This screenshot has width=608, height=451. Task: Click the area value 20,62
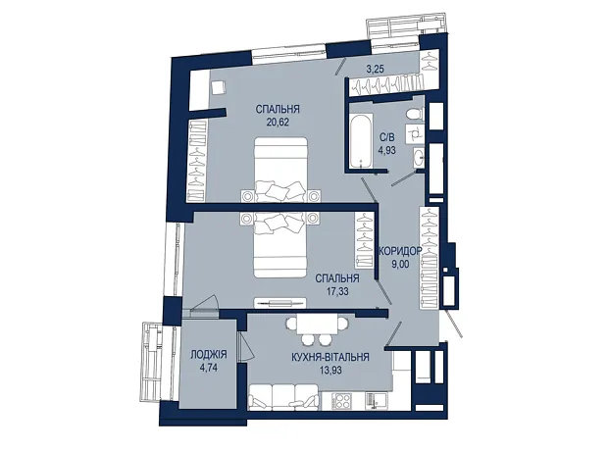(278, 123)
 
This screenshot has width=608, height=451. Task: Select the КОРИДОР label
(400, 251)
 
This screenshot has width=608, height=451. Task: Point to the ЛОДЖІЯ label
(209, 355)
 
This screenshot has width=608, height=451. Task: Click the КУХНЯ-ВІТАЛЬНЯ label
(330, 357)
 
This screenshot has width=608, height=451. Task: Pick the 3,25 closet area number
(375, 70)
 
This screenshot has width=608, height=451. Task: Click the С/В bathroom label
(387, 137)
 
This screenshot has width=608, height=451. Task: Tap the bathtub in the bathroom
(360, 141)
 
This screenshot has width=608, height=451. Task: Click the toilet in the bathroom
(414, 115)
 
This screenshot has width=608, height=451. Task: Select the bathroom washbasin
(419, 158)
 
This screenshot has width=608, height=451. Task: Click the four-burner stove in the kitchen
(342, 401)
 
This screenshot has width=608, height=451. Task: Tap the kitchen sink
(375, 401)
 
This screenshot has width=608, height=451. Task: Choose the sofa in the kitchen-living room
(284, 397)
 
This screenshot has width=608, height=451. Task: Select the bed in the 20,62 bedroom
(280, 169)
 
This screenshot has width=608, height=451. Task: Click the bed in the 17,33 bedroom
(280, 245)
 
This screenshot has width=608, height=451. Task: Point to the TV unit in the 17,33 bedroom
(279, 303)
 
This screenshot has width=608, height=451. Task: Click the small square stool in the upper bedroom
(219, 86)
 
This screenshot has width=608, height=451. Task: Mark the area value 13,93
(330, 370)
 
